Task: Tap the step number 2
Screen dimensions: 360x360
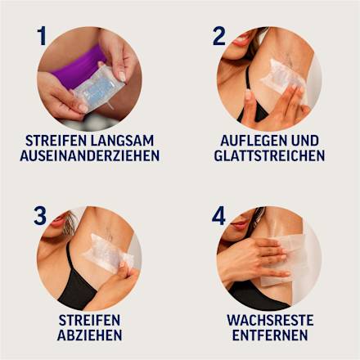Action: click(x=219, y=37)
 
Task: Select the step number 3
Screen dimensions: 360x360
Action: click(x=40, y=216)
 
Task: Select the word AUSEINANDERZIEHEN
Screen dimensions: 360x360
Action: click(x=90, y=155)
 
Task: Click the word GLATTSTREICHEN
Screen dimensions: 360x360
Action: click(x=270, y=155)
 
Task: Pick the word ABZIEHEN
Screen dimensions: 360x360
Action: click(x=90, y=335)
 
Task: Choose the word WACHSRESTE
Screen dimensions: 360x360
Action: click(x=270, y=320)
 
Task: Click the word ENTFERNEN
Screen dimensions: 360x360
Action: click(x=270, y=335)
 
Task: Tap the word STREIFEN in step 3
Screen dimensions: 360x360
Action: click(x=90, y=320)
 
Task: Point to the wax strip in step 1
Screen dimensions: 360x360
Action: click(x=97, y=88)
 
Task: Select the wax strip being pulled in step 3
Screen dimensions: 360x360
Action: click(x=109, y=251)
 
